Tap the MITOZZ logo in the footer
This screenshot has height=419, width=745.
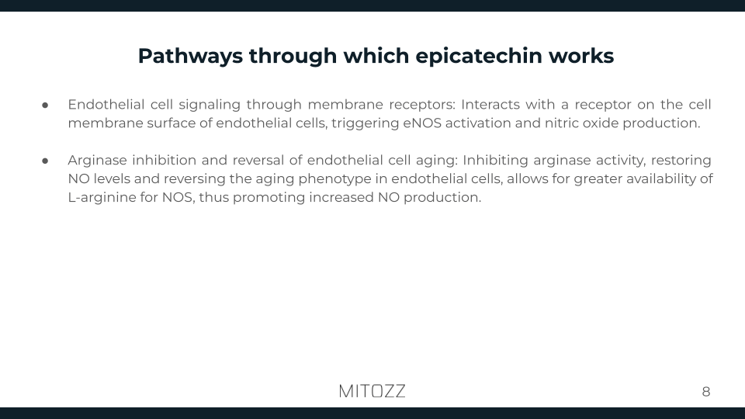[x=372, y=391]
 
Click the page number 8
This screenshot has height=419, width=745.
[x=705, y=392]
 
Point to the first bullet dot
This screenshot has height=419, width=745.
[x=46, y=105]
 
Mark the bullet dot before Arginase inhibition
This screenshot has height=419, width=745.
[x=46, y=161]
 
